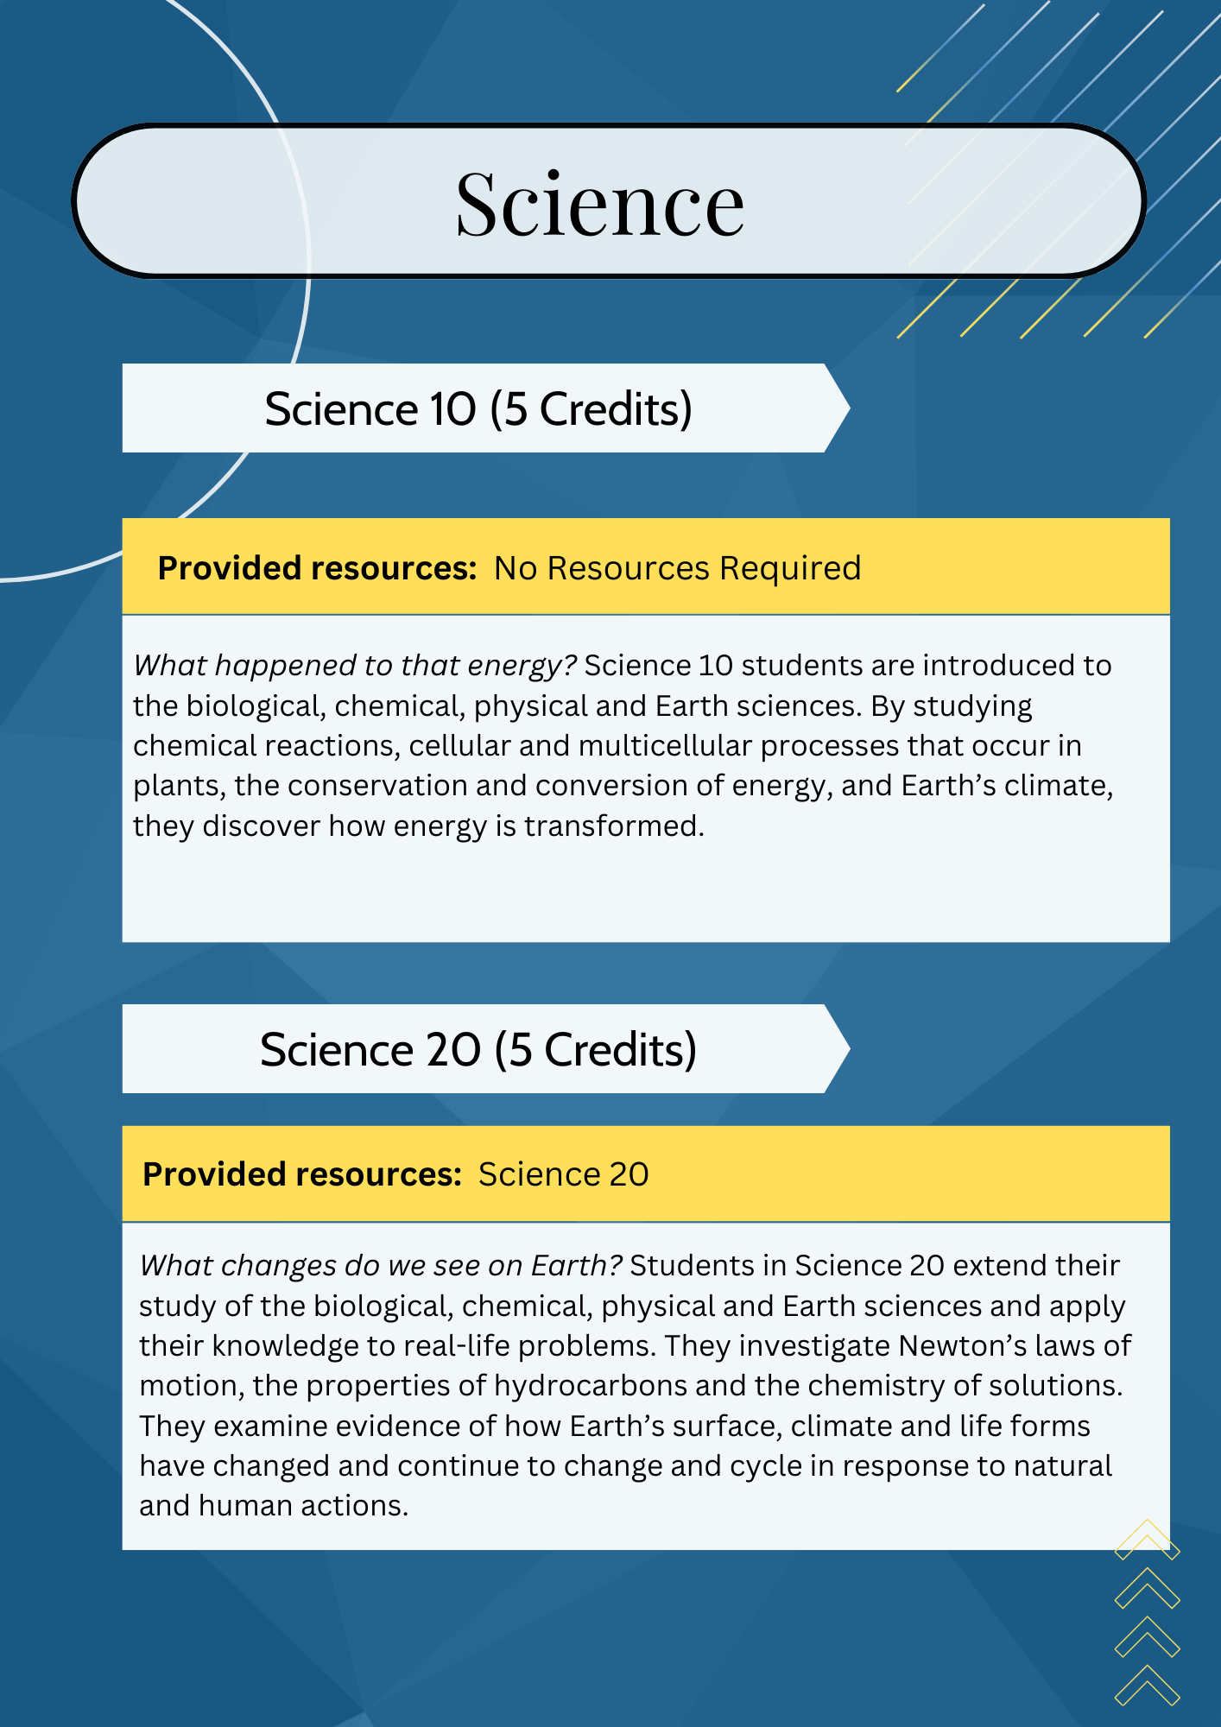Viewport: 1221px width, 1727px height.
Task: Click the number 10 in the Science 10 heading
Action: coord(452,408)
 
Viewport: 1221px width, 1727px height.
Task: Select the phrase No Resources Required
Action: coord(677,568)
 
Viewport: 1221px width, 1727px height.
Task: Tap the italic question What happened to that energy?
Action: coord(355,665)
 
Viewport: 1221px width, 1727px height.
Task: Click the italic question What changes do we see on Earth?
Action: coord(381,1265)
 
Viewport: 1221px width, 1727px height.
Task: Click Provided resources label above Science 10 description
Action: coord(317,568)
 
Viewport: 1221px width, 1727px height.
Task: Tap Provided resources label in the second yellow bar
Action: coord(302,1174)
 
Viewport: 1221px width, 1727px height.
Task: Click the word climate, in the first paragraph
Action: coord(1066,785)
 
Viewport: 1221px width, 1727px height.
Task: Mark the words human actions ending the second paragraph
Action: coord(303,1505)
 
